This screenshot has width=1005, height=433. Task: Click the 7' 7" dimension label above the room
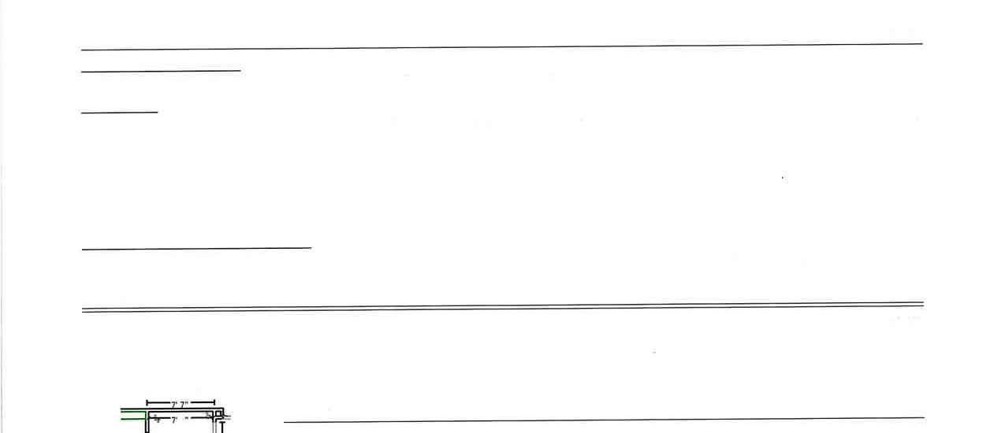[181, 404]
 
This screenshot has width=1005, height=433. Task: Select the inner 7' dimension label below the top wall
[173, 420]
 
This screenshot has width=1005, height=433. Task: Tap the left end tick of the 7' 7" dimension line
[147, 403]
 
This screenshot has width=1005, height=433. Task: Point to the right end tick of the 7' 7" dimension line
[214, 403]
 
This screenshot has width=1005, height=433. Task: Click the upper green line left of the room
[132, 411]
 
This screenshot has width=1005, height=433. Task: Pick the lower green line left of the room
[132, 420]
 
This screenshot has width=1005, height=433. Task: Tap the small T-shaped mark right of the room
[221, 426]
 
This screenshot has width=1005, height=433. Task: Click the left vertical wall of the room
[147, 425]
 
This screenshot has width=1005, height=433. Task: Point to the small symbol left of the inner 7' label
[157, 420]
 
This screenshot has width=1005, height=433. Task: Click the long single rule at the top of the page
[501, 46]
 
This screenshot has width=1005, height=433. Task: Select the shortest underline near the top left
[119, 113]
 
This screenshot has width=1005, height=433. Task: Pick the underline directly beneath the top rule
[161, 71]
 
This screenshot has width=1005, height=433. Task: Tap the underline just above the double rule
[196, 249]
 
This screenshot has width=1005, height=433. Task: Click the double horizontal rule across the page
[502, 307]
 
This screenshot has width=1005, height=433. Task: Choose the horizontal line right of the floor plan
[603, 420]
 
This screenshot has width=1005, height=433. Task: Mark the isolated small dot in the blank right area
[782, 178]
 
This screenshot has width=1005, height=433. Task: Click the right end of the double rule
[921, 304]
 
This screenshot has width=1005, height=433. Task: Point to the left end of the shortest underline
[82, 113]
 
